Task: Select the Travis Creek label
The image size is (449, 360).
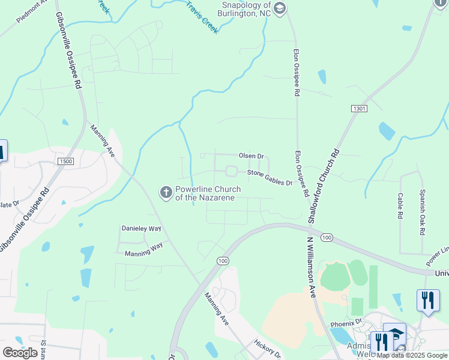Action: pyautogui.click(x=202, y=16)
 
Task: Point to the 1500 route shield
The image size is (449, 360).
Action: pyautogui.click(x=65, y=161)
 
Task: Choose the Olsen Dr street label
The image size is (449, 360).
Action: pyautogui.click(x=251, y=156)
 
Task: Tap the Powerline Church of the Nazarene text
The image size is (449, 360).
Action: pyautogui.click(x=208, y=193)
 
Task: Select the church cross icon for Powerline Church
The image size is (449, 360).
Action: pyautogui.click(x=165, y=193)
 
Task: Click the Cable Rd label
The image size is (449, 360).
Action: pyautogui.click(x=400, y=205)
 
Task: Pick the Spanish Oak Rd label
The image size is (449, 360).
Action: pyautogui.click(x=423, y=212)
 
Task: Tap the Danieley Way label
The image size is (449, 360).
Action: pyautogui.click(x=142, y=229)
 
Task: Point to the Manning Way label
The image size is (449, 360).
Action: pyautogui.click(x=143, y=250)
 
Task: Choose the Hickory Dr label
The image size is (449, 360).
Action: pyautogui.click(x=267, y=348)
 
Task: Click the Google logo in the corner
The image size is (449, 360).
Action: pyautogui.click(x=20, y=352)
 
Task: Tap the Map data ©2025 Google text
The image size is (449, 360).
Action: pyautogui.click(x=412, y=355)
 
